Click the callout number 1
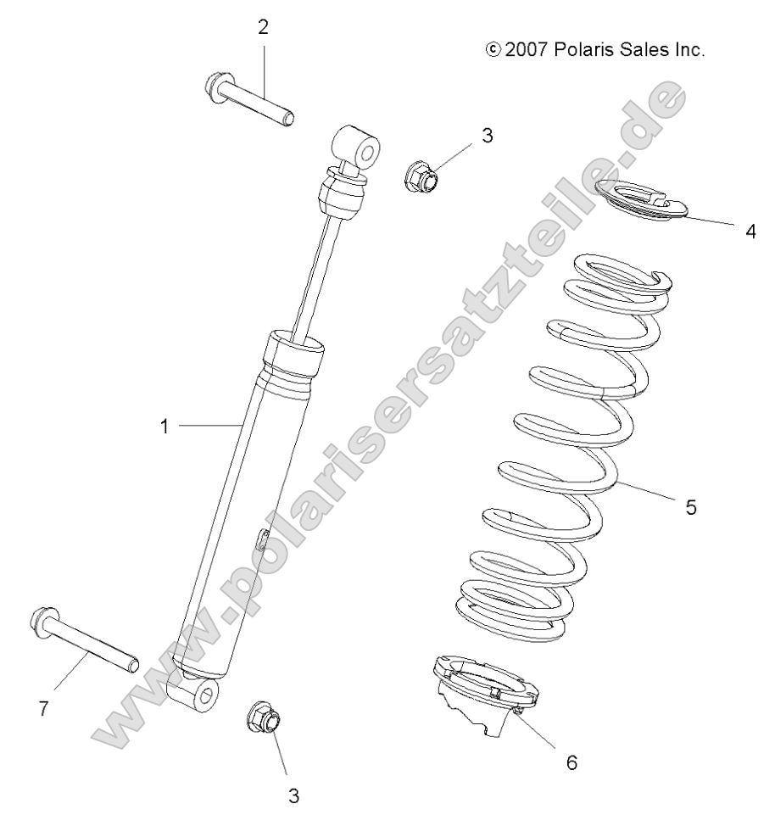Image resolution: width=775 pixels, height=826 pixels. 164,427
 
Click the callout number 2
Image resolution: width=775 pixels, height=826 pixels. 263,27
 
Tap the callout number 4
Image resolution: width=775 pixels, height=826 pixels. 750,232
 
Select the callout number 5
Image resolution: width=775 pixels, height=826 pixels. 691,508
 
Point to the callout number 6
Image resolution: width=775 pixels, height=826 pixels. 571,762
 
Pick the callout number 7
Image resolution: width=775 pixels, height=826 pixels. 42,709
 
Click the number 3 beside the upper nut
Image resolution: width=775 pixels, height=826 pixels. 487,136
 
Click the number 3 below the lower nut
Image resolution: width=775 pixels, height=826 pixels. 293,796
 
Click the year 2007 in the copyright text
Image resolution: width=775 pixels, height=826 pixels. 527,50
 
